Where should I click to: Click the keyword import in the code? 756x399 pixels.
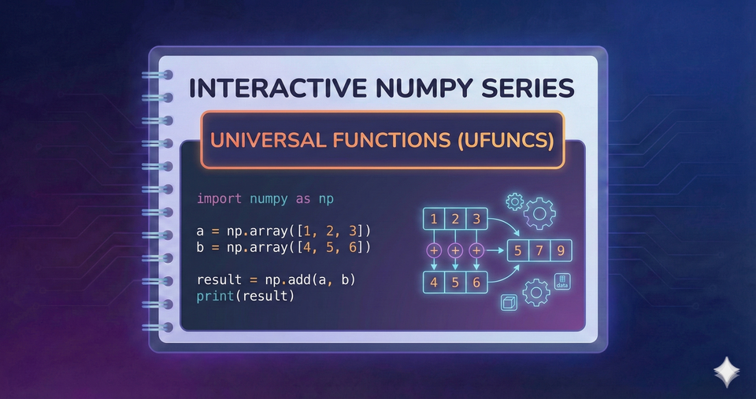(220, 198)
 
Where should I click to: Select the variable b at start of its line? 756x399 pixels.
(201, 247)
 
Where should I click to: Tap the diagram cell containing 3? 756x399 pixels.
(476, 219)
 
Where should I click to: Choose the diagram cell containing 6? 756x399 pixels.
(476, 282)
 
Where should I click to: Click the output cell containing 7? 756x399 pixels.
(539, 252)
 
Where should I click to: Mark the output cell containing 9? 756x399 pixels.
(560, 252)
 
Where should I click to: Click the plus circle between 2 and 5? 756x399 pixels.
(454, 250)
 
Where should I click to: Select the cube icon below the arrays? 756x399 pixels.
(509, 303)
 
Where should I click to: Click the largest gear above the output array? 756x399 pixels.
(540, 212)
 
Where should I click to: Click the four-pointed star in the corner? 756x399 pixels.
(724, 370)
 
